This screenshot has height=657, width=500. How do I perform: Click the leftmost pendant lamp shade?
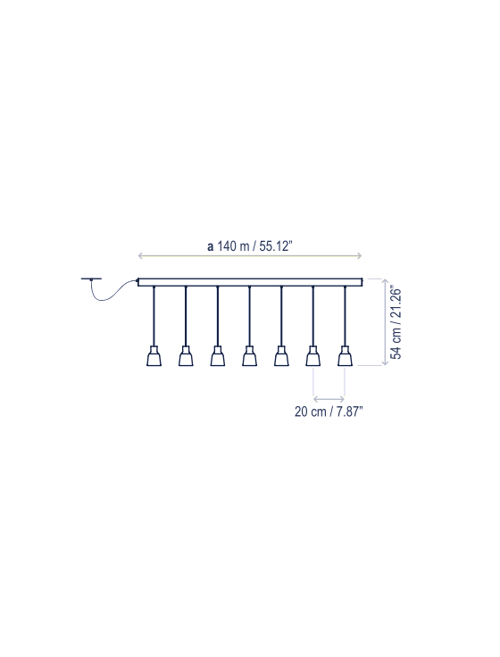[x=154, y=356]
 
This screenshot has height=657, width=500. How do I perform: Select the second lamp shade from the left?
[x=186, y=356]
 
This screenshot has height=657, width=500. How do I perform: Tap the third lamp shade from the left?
[x=218, y=356]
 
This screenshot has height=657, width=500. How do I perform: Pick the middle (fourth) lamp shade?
[x=249, y=356]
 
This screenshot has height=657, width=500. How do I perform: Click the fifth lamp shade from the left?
[x=281, y=356]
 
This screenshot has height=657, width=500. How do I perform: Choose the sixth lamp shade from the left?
[x=313, y=356]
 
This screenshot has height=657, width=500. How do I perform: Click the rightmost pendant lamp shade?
[x=345, y=356]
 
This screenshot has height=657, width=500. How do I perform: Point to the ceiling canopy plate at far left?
[x=91, y=279]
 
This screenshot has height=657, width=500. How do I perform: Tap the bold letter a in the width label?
[x=210, y=246]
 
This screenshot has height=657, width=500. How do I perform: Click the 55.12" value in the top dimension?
[x=275, y=246]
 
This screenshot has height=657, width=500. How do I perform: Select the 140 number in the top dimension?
[x=227, y=246]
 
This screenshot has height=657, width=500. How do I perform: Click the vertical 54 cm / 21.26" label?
[x=396, y=322]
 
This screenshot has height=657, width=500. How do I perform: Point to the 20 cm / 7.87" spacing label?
[x=329, y=412]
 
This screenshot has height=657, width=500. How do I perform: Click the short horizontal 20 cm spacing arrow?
[x=329, y=399]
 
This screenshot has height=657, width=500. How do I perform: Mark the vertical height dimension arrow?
[x=385, y=321]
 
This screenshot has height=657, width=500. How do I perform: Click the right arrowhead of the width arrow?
[x=360, y=255]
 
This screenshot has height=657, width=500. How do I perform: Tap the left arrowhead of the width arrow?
[x=141, y=255]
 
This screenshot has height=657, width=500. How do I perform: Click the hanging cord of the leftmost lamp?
[x=154, y=316]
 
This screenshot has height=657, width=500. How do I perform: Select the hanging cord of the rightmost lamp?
[x=345, y=316]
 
